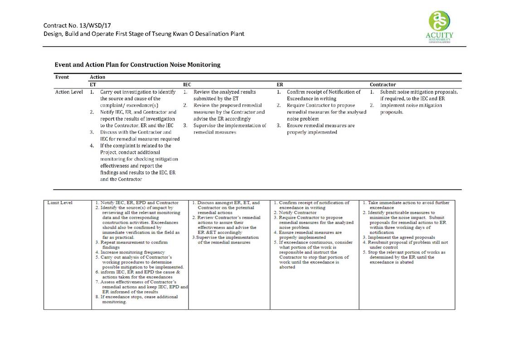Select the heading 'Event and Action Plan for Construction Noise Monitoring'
pos(137,64)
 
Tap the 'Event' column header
pos(62,77)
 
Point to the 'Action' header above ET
pos(97,77)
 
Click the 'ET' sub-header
pos(93,84)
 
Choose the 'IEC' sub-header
pos(187,84)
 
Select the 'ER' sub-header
pos(280,84)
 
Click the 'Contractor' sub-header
pos(383,84)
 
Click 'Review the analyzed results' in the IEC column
pos(224,92)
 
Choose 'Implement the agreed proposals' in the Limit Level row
pos(402,237)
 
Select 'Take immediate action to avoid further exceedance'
pos(407,205)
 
